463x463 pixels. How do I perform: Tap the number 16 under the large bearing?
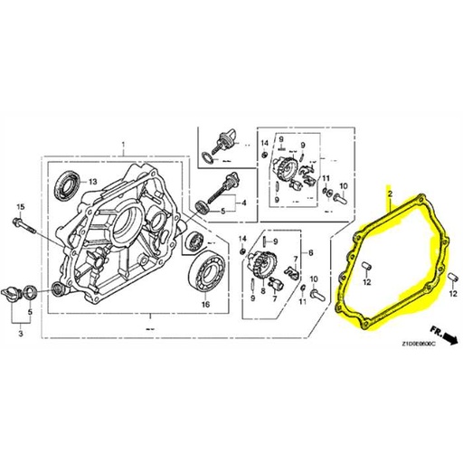tap(204, 305)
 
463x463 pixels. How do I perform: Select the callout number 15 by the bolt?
tap(20, 207)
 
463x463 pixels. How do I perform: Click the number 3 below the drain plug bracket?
tap(15, 334)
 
